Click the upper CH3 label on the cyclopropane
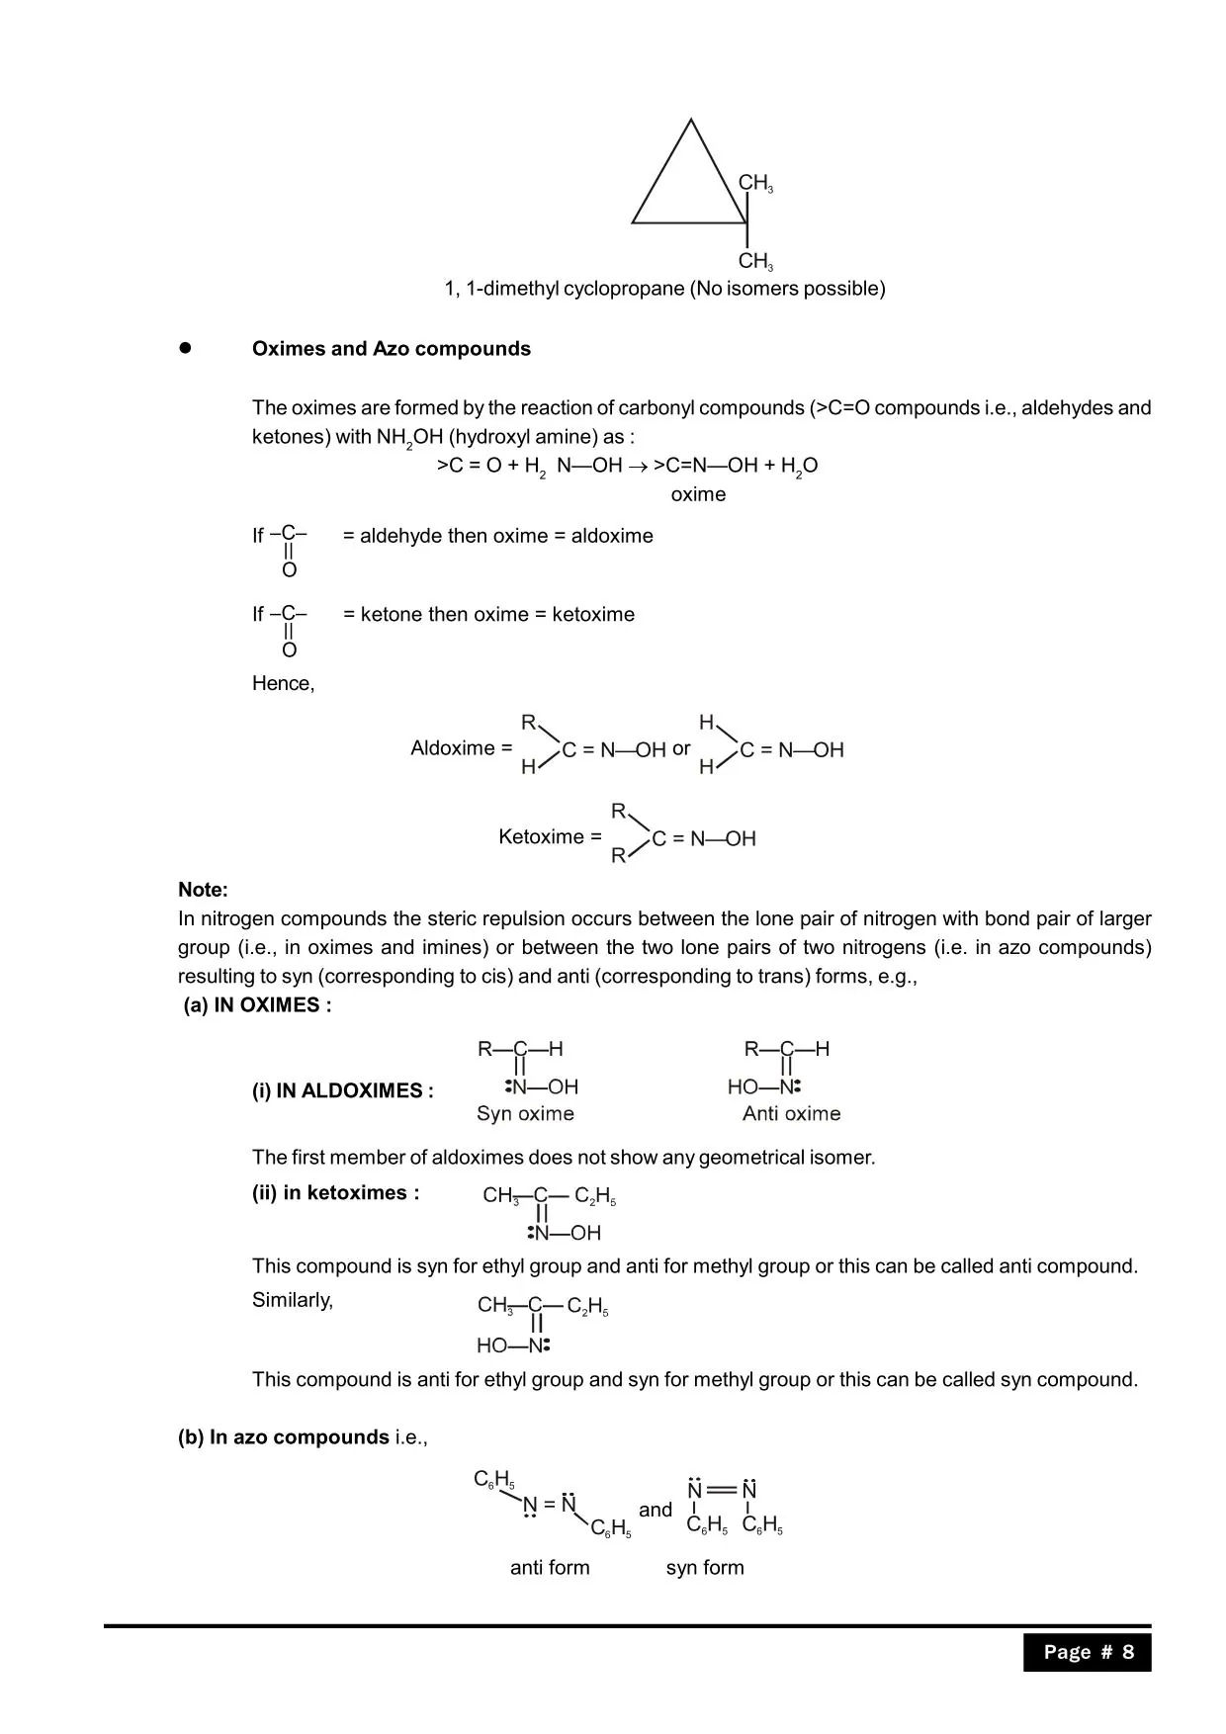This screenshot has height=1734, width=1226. click(x=755, y=183)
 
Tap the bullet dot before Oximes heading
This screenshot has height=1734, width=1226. click(x=184, y=348)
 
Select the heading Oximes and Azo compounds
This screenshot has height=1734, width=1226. click(x=391, y=349)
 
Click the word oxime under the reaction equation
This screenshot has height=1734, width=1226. click(x=698, y=494)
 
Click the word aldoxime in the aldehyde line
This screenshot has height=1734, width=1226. click(x=612, y=536)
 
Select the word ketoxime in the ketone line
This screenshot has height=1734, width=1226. click(x=593, y=614)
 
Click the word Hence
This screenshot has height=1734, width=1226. click(x=283, y=683)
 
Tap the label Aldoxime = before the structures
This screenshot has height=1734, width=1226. click(x=462, y=748)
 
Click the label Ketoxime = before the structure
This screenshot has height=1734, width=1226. click(x=550, y=837)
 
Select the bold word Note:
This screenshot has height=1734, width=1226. click(x=203, y=890)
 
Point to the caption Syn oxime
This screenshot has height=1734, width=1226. click(x=525, y=1114)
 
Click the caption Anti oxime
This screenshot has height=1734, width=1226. click(x=791, y=1114)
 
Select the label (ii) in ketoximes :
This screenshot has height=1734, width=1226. click(x=335, y=1193)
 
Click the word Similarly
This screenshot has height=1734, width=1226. click(x=293, y=1300)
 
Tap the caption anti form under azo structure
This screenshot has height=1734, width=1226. click(x=550, y=1567)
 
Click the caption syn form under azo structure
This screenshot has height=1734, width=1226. click(x=705, y=1567)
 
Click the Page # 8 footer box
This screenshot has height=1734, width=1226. click(x=1088, y=1652)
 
